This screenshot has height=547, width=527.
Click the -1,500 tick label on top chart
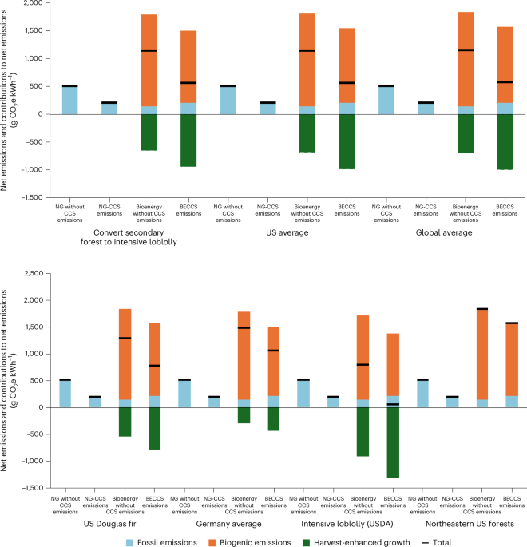pyautogui.click(x=26, y=197)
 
